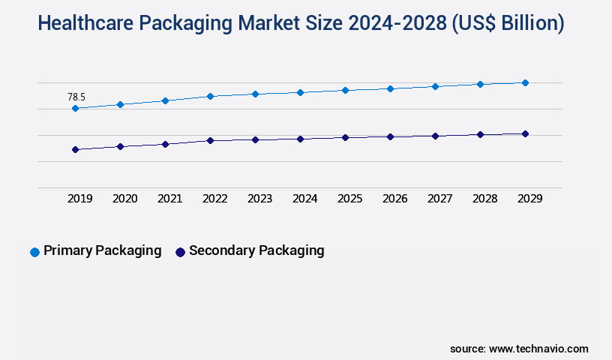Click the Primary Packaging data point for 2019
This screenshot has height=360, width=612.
75,109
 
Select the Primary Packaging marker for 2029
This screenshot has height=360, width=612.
525,82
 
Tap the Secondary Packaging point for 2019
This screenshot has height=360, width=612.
75,150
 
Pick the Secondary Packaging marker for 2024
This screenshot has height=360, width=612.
300,139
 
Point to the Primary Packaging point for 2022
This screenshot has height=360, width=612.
210,96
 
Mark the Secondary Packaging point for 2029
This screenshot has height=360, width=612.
525,134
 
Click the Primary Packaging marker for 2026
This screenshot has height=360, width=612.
390,88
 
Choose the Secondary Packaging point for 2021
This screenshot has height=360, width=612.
165,144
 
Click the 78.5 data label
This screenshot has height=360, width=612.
76,97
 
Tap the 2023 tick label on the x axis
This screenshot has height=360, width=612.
259,199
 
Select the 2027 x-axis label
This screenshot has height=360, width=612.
439,199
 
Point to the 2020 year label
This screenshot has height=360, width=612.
124,199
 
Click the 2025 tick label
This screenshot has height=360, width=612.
349,199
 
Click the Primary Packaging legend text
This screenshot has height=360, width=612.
102,250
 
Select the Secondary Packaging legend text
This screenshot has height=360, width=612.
256,250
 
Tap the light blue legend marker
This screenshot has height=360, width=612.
34,252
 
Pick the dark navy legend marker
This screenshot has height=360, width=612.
180,252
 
